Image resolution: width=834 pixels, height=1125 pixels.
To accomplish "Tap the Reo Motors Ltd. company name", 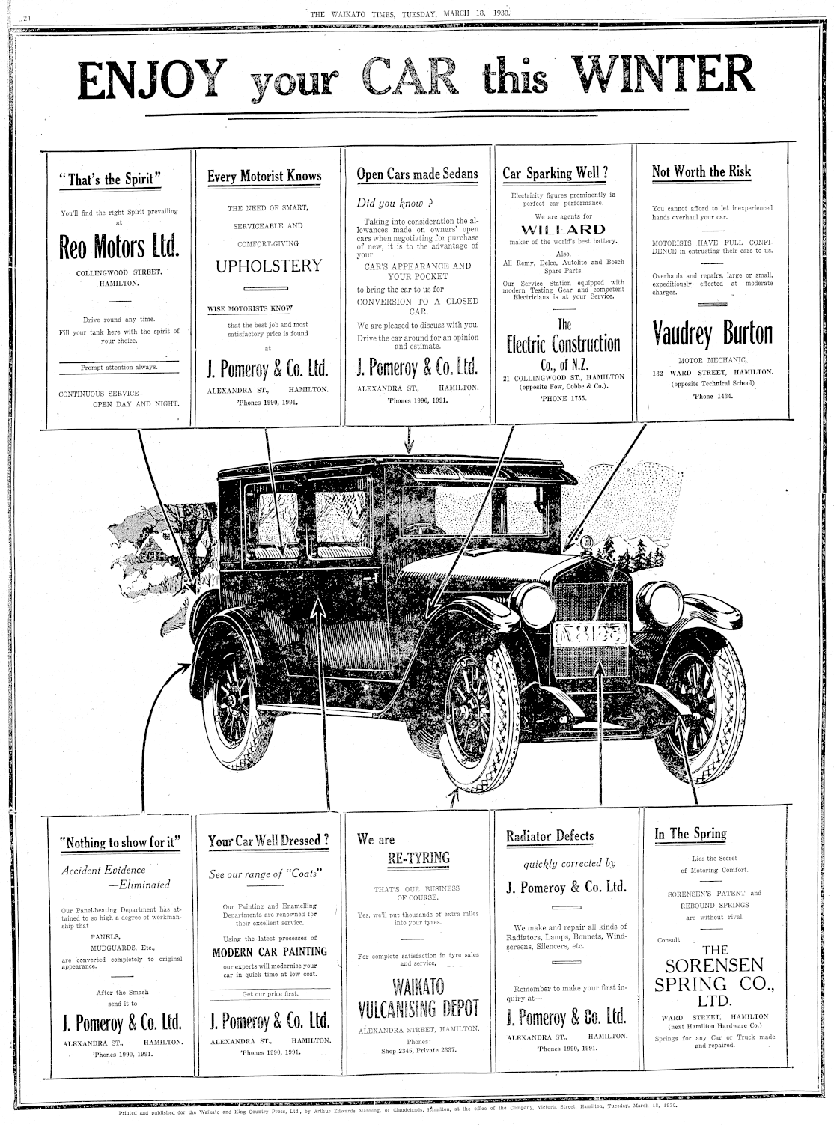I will pos(121,247).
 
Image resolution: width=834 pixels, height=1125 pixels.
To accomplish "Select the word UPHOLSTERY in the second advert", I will pos(269,266).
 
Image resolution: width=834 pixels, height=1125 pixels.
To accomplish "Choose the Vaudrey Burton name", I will pos(712,333).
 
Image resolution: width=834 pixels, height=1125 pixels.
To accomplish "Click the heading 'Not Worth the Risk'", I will pos(701,171).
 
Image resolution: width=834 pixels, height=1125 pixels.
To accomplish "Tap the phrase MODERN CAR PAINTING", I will pos(270,952).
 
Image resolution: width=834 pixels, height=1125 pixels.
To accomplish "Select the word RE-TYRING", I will pos(418,858).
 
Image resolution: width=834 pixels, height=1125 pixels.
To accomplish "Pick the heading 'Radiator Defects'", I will pos(550,836).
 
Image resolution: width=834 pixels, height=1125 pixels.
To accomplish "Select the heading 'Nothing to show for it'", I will pos(121,842).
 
